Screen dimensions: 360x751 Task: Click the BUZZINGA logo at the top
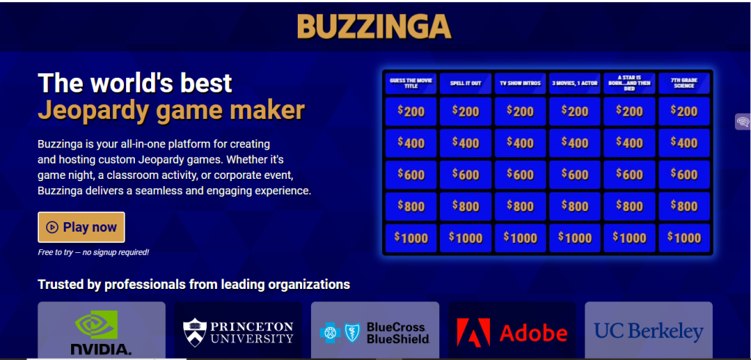tap(374, 26)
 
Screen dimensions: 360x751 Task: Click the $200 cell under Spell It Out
tap(466, 111)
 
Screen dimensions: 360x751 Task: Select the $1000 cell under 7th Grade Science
tap(685, 238)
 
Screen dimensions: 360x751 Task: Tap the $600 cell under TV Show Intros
tap(520, 175)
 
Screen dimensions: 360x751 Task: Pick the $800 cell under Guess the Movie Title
tap(411, 206)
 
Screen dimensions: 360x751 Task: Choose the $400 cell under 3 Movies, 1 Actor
tap(574, 143)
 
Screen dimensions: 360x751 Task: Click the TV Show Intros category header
tap(520, 84)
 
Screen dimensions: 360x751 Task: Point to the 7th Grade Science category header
tap(685, 84)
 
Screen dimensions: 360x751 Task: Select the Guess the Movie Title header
tap(411, 84)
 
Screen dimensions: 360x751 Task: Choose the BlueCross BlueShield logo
tap(375, 333)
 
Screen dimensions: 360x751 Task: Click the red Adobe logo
tap(512, 333)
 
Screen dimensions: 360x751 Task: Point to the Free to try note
tap(93, 252)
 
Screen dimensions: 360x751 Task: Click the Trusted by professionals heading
tap(194, 284)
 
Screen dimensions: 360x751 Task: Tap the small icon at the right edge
tap(742, 122)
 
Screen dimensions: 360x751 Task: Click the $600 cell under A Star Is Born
tap(630, 175)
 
